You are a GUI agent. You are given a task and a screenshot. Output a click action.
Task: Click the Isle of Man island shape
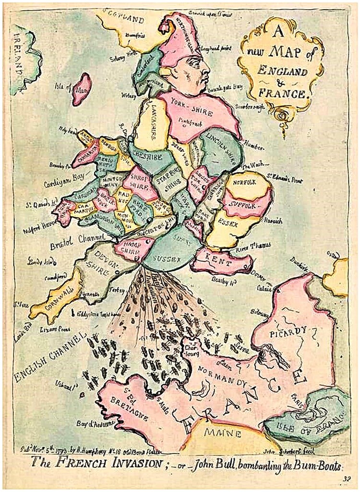pos(82,89)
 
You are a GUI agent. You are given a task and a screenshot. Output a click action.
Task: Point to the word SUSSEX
pos(167,259)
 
